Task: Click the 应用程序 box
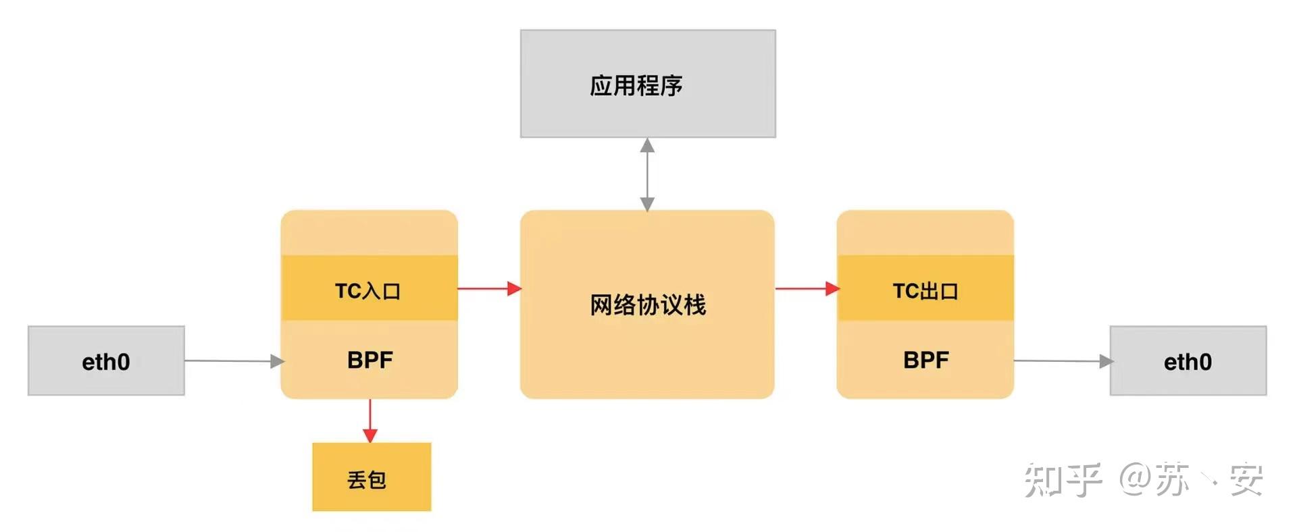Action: coord(647,84)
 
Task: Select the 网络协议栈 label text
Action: coord(647,305)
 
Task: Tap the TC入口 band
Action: coord(369,288)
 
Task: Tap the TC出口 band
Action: coord(925,288)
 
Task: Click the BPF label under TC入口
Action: coord(370,360)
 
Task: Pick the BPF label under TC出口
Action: coord(925,360)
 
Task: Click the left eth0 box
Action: coord(106,361)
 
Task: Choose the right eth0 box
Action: coord(1188,361)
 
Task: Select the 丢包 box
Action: coord(371,477)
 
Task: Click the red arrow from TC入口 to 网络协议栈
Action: coord(488,288)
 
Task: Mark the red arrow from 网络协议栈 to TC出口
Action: coord(806,288)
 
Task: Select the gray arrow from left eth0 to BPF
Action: coord(233,361)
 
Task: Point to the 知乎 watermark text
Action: coord(1062,480)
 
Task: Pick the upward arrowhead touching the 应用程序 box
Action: coord(647,145)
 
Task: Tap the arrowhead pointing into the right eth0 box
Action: coord(1105,361)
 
